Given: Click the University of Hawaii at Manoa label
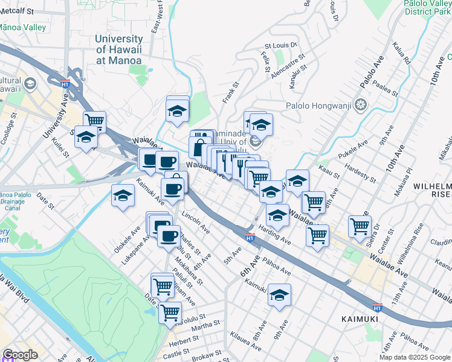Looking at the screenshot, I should click(118, 49).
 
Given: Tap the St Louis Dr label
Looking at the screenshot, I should click(281, 45).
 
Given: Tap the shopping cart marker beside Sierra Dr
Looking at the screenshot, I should click(360, 226).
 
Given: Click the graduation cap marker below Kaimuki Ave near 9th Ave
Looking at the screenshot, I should click(279, 294).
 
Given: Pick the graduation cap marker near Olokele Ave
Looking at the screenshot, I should click(123, 195).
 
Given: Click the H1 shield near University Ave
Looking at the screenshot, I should click(65, 85).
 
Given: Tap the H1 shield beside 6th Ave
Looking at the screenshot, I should click(250, 238).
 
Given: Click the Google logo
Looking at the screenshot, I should click(20, 355).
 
